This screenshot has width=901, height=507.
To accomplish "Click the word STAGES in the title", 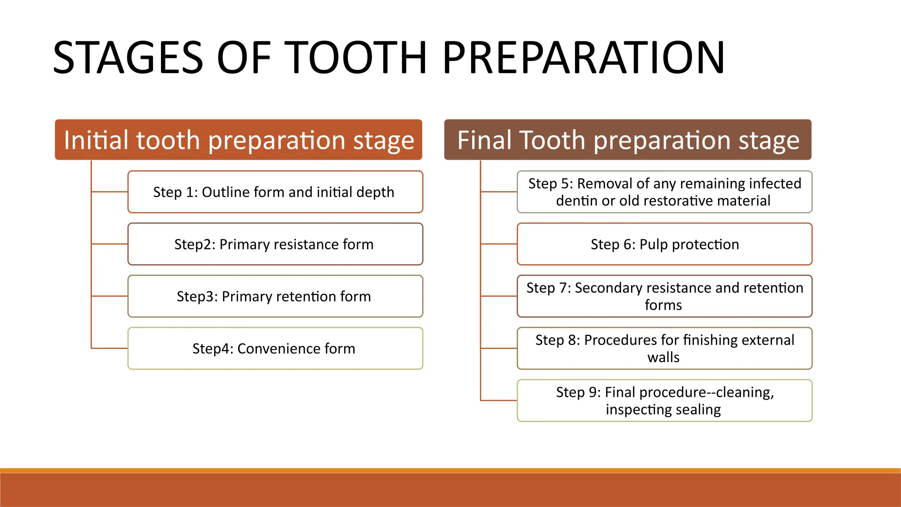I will point(128,58).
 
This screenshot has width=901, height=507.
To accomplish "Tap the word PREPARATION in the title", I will point(583,58).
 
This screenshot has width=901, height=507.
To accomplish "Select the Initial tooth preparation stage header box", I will point(238,140).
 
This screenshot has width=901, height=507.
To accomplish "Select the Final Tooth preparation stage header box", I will point(628,140).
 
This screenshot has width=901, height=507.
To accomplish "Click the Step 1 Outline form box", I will point(275,192).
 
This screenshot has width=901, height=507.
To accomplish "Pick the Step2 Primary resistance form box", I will point(275,244).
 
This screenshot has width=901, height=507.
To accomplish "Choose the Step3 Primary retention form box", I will point(275,296).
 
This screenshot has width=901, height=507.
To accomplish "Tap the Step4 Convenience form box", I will point(275,349).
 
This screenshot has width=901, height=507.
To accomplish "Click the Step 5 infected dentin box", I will point(664,192).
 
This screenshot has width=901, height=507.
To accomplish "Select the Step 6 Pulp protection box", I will point(664,244).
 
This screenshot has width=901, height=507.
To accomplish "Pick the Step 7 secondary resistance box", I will point(664,296).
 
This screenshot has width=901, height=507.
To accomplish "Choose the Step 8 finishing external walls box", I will point(664,349).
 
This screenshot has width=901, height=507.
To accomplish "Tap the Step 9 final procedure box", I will point(664,400).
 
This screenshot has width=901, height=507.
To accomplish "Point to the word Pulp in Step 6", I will point(654,244).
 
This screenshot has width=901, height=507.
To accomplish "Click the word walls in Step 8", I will point(663,357).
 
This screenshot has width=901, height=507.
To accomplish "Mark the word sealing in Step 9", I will point(698,410).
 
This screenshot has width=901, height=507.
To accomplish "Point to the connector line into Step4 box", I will point(109,349).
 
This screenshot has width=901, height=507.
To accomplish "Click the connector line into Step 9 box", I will point(498,400).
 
